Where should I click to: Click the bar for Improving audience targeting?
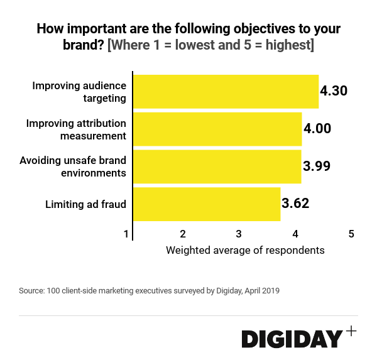point(226,92)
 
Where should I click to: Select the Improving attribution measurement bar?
point(217,129)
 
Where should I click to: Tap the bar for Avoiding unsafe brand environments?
point(217,166)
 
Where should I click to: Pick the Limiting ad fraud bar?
point(207,204)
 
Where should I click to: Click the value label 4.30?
point(334,91)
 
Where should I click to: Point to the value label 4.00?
point(317,129)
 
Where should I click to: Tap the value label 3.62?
point(295,204)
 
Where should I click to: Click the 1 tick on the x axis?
point(126,234)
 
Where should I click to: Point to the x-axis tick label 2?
point(182,234)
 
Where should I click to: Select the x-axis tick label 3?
point(239,234)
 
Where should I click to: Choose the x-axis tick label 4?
point(295,234)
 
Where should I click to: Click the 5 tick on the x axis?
point(351,234)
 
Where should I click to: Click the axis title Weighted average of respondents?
point(245,250)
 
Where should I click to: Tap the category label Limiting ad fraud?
point(86,204)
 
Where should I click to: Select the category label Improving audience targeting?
point(79,92)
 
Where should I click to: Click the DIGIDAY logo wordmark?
point(292,339)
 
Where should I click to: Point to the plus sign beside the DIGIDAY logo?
point(351,331)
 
